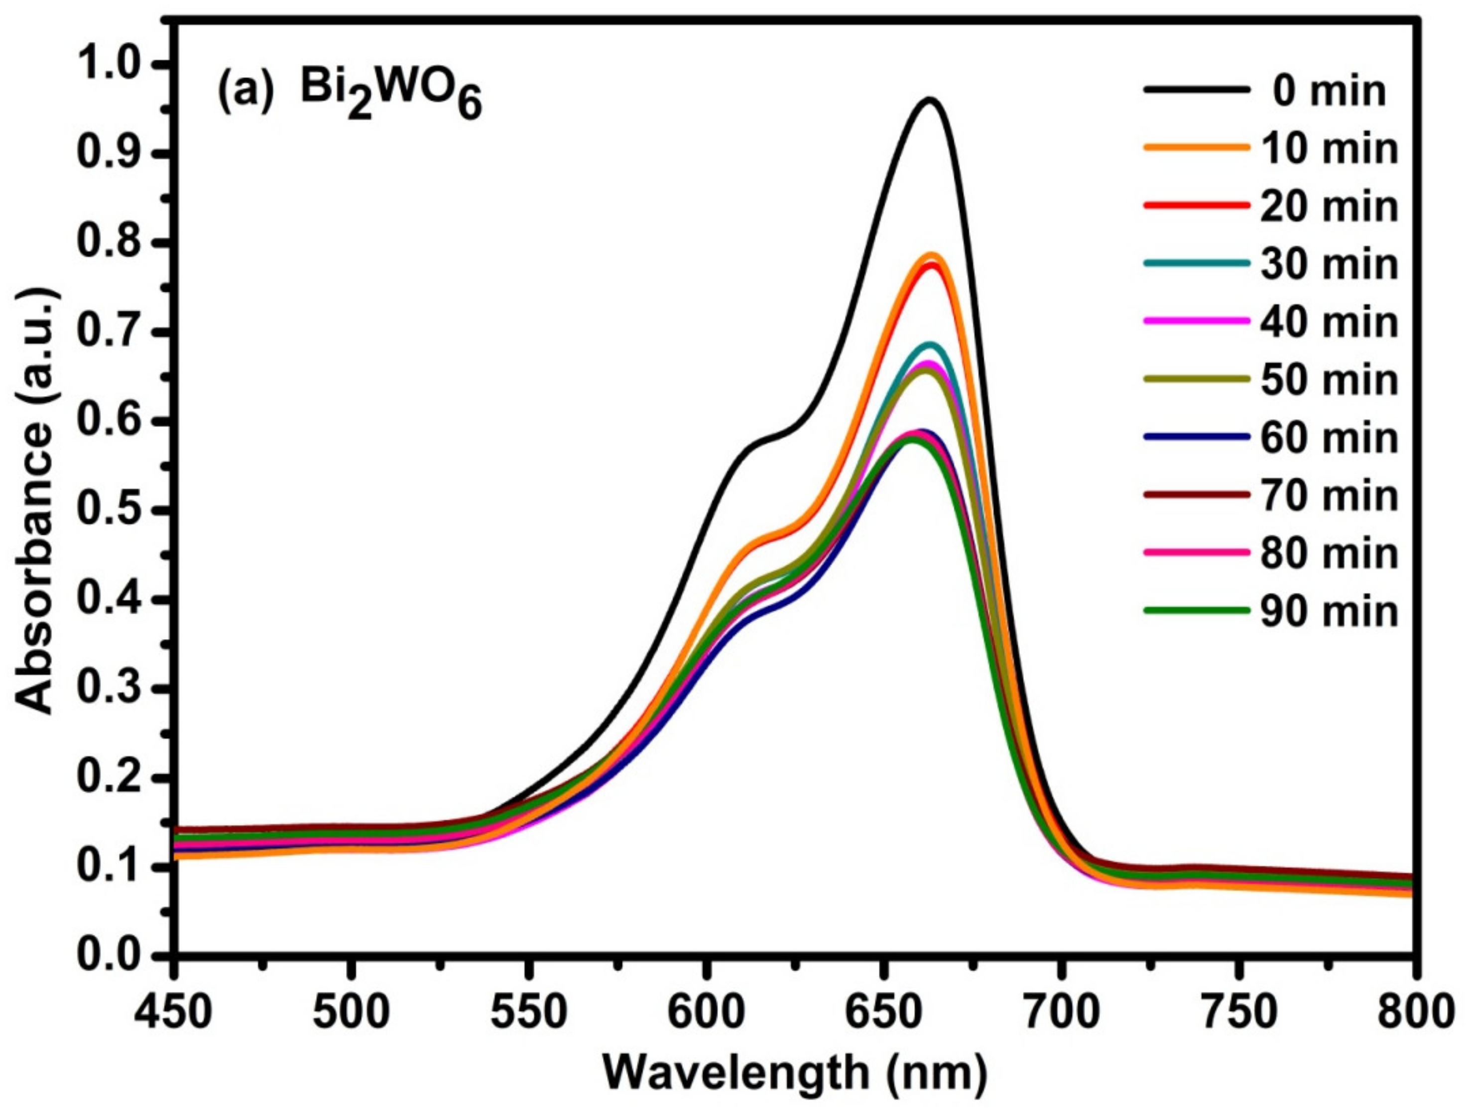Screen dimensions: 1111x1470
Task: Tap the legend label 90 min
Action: (1329, 611)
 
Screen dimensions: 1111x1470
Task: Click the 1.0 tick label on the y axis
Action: (113, 64)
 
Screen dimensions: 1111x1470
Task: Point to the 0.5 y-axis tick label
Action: (113, 510)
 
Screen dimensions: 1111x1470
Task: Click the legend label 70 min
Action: (1329, 495)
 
